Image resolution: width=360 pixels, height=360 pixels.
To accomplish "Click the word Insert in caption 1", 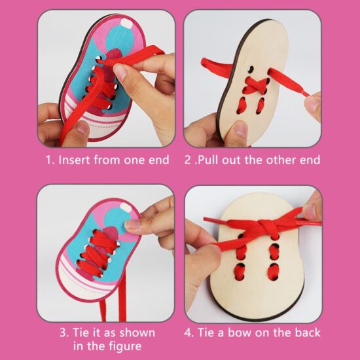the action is [x=75, y=160].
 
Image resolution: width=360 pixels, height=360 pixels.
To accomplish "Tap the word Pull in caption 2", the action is [x=207, y=160].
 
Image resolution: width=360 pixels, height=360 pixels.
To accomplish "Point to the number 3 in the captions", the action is [x=63, y=333].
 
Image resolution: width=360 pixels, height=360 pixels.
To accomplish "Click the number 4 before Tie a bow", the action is [x=188, y=333].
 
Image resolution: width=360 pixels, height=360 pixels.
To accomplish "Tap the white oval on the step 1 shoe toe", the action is [x=126, y=24].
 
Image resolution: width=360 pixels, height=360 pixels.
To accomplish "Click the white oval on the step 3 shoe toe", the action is [x=126, y=207].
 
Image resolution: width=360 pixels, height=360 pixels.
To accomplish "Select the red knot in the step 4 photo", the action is [x=266, y=226].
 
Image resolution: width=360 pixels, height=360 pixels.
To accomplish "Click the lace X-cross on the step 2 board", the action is [x=255, y=85].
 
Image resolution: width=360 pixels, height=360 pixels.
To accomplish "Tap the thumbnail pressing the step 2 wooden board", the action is [x=240, y=128].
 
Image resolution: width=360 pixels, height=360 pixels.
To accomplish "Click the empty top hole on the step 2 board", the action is [x=251, y=69].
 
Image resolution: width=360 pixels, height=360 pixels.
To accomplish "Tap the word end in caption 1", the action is [x=159, y=160].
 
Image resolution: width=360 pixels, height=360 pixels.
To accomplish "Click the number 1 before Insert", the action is [x=48, y=160].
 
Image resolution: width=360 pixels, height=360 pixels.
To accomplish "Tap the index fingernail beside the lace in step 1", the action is [x=120, y=71].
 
